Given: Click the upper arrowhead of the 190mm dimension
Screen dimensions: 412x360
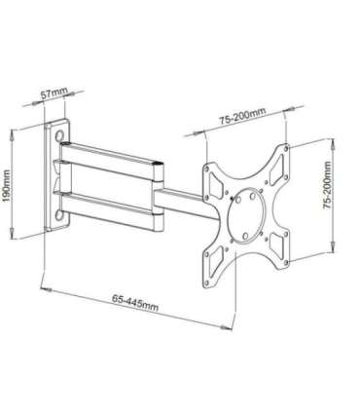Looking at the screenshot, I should click(12, 127).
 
